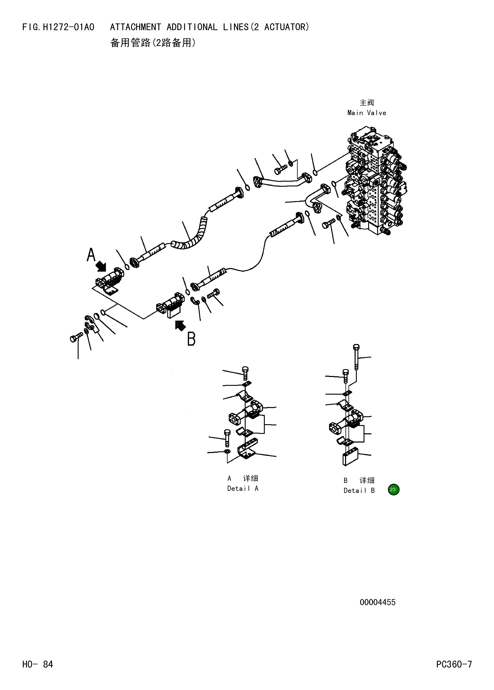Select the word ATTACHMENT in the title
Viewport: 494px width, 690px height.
(135, 27)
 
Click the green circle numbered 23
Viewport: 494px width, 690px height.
(393, 489)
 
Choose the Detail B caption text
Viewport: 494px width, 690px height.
(359, 490)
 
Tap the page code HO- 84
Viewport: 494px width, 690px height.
(38, 664)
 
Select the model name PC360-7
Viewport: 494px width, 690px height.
(454, 664)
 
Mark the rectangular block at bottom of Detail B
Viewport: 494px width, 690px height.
(350, 457)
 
